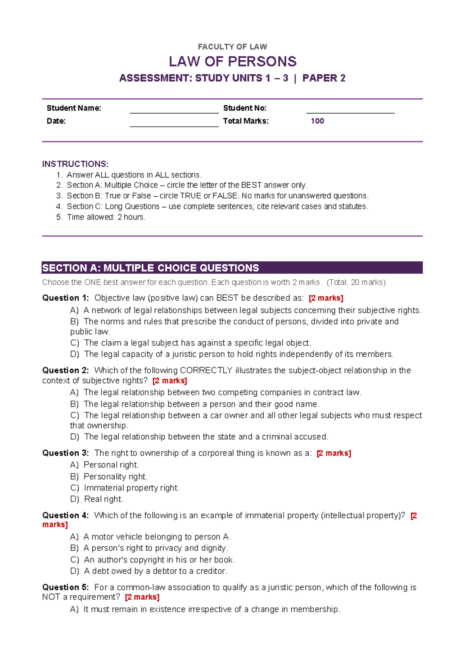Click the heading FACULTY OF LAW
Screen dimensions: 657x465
click(x=232, y=47)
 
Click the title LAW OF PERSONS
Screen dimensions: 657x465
click(x=232, y=62)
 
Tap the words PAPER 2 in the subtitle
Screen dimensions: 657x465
click(x=324, y=78)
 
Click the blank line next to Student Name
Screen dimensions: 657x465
click(x=174, y=110)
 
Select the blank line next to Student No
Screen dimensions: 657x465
click(x=350, y=110)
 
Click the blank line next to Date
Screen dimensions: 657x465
click(x=174, y=123)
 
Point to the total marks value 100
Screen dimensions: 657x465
click(x=317, y=121)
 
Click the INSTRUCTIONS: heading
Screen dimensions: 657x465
click(x=75, y=164)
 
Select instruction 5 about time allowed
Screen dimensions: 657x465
click(x=106, y=217)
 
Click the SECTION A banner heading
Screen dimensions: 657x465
click(x=151, y=268)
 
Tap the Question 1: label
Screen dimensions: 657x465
click(x=65, y=298)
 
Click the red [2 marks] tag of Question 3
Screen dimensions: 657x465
click(x=334, y=453)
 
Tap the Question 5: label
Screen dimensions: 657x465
click(x=65, y=587)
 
